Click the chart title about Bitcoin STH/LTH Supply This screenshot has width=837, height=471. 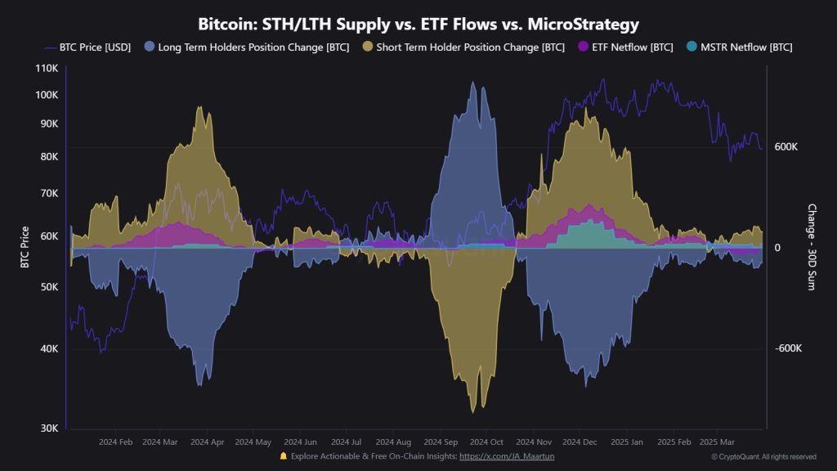(x=418, y=25)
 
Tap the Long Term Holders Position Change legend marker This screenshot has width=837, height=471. (x=150, y=47)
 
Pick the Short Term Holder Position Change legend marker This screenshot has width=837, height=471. (x=368, y=47)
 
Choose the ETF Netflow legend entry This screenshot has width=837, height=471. (x=625, y=47)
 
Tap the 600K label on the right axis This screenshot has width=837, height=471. (x=786, y=147)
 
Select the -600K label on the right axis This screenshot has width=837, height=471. (x=788, y=348)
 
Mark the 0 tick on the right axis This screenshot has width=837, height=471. (x=778, y=248)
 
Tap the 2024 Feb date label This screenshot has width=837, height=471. (x=115, y=442)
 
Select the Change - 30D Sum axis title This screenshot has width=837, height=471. (x=812, y=247)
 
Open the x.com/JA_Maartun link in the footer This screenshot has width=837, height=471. (x=507, y=456)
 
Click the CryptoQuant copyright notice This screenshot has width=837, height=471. (x=763, y=456)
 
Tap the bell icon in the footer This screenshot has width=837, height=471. (x=283, y=456)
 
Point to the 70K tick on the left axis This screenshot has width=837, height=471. (x=47, y=194)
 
